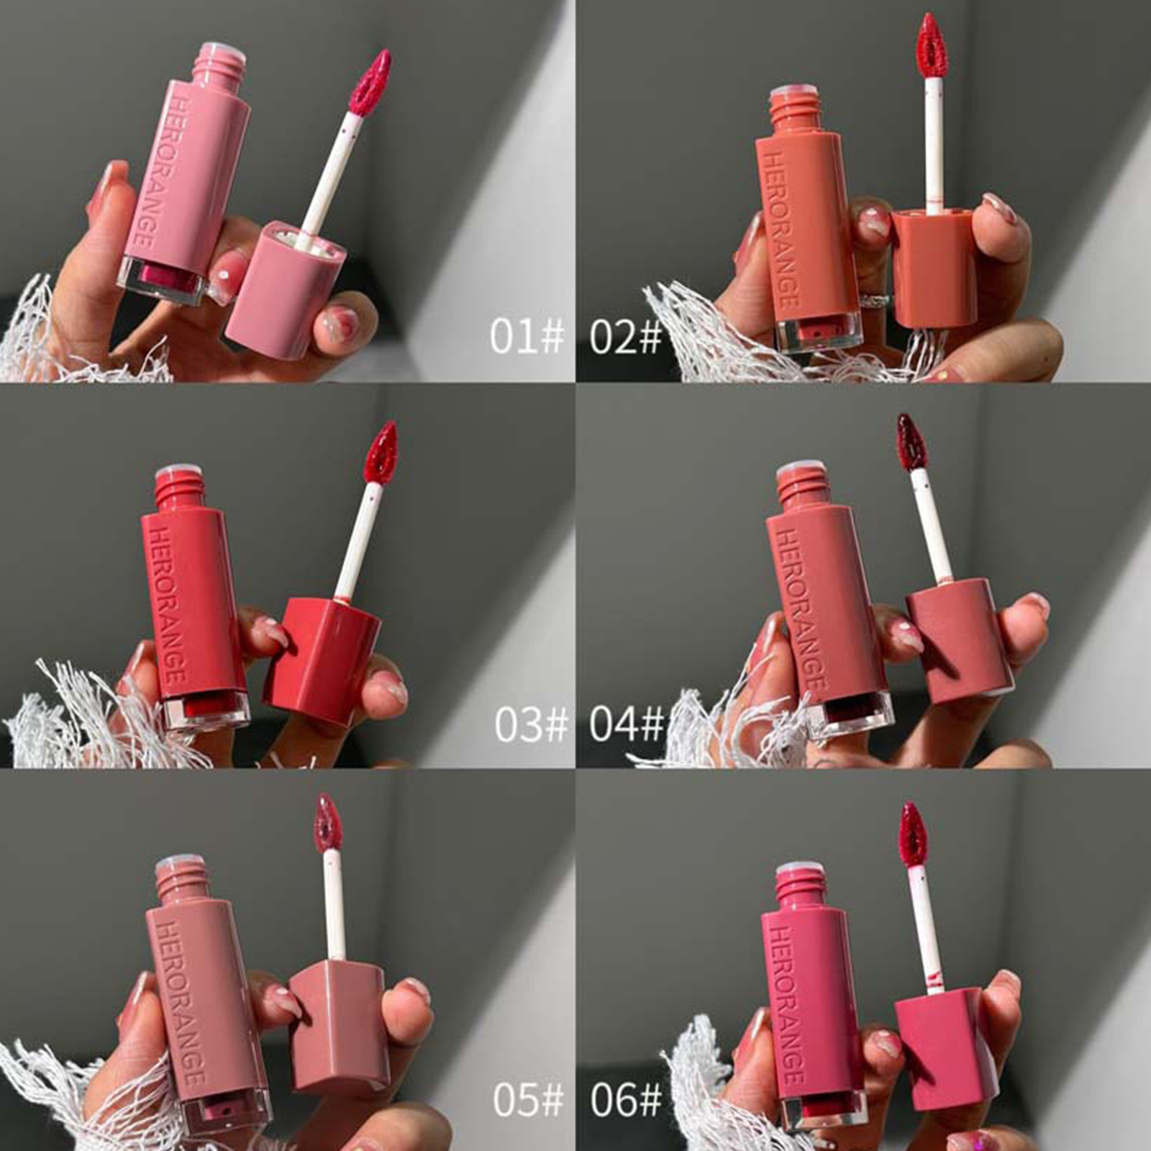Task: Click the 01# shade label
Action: [527, 336]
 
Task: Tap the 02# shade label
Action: [625, 336]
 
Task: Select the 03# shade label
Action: [531, 724]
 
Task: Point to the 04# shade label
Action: [626, 724]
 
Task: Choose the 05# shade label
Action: [529, 1099]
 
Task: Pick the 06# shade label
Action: [626, 1099]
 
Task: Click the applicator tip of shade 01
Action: [370, 83]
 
